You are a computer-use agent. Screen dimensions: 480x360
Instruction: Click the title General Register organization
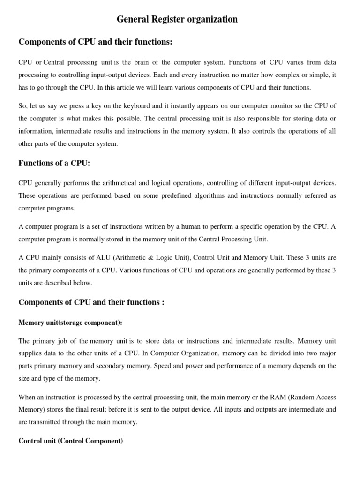click(177, 20)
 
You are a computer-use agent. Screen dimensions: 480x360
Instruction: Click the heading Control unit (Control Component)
click(71, 442)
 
